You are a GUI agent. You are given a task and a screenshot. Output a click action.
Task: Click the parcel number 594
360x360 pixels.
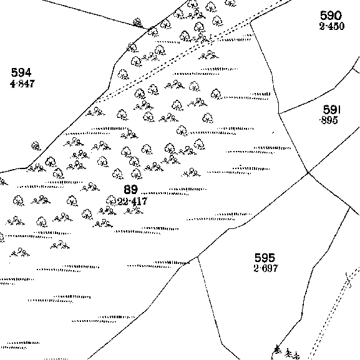point(21,72)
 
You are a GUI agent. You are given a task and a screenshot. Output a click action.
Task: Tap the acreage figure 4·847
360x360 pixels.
point(22,84)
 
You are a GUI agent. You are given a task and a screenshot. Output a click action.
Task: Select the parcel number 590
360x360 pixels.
point(331,16)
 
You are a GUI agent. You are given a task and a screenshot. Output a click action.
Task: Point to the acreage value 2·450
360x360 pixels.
point(332,26)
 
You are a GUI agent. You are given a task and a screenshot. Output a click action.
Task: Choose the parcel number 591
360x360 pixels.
point(332,110)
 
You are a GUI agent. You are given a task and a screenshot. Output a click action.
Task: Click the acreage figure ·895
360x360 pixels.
point(329,120)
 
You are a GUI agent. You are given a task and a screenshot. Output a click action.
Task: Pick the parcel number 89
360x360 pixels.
point(131,190)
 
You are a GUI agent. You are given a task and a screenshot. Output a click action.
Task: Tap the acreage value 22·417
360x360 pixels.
point(132,202)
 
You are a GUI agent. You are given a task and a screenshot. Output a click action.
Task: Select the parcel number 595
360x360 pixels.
point(265,258)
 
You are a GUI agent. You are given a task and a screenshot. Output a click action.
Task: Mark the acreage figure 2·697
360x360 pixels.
point(266,268)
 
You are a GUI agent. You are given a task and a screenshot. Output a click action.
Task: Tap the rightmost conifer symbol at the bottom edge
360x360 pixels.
point(296,355)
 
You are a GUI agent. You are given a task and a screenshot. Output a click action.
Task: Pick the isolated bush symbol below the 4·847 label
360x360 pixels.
point(36,146)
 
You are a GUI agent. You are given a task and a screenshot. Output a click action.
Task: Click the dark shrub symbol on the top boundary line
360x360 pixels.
point(137,22)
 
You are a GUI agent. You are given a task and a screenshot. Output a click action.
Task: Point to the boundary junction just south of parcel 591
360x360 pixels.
point(308,172)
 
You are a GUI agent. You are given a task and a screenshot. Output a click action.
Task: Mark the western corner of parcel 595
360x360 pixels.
point(197,256)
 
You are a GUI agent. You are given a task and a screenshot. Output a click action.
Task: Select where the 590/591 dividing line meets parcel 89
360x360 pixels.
point(279,114)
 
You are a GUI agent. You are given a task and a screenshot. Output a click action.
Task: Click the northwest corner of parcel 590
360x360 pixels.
point(250,22)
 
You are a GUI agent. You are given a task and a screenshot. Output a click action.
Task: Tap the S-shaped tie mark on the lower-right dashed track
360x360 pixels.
point(348,280)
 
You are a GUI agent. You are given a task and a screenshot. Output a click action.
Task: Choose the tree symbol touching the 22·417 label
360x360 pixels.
point(111,200)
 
